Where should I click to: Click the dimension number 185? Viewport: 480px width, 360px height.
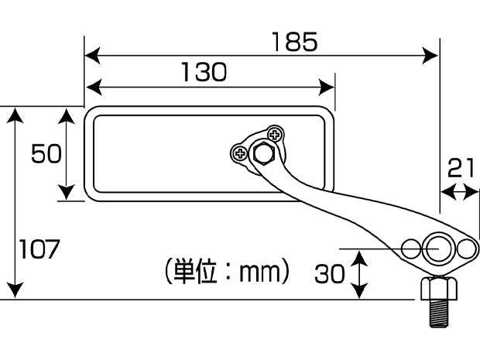point(294,42)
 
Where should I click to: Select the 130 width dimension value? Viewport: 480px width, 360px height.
point(204,72)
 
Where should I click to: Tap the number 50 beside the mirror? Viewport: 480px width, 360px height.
point(46,153)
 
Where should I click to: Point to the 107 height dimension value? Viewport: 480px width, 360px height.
point(39,249)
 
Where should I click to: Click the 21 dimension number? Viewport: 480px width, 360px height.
point(461,168)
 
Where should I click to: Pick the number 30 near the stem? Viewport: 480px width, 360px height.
point(329,273)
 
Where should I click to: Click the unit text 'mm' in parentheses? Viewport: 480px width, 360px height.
point(259,273)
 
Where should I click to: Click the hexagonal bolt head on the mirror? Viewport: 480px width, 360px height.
point(263,153)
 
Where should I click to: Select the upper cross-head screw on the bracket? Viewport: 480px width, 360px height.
point(275,135)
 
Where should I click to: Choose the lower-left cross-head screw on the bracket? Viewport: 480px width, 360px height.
point(240,153)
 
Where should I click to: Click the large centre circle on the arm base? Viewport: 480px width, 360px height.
point(437,249)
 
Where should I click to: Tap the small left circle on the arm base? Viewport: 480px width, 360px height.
point(411,249)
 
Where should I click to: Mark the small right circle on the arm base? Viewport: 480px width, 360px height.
point(467,249)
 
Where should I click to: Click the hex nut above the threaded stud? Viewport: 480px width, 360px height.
point(439,288)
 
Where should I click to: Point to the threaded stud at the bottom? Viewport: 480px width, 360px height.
point(440,314)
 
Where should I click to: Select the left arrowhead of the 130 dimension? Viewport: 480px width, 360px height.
point(94,87)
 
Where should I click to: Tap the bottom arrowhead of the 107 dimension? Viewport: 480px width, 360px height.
point(15,290)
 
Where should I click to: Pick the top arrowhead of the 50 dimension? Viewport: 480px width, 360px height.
point(66,116)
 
